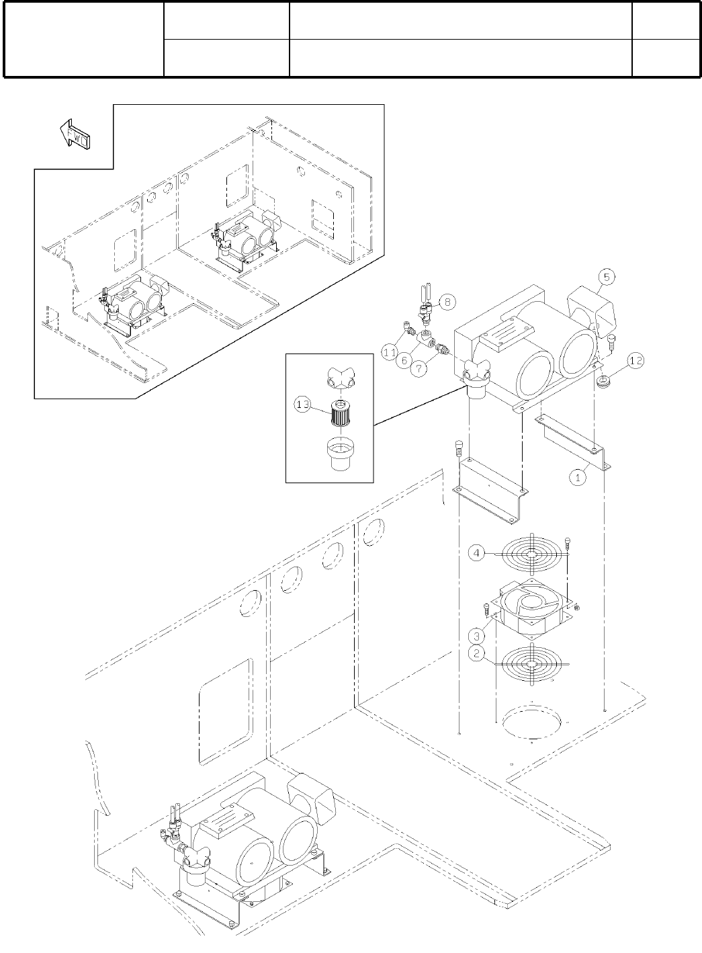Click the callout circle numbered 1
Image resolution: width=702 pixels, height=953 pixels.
(x=578, y=478)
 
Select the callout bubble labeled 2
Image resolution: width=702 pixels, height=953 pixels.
(x=476, y=653)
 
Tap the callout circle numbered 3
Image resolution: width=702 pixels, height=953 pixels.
(x=476, y=634)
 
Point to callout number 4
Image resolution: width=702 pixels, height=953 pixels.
(x=476, y=553)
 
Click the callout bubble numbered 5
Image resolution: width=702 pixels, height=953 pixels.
(x=607, y=276)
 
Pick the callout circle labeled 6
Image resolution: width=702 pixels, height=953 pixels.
(x=404, y=360)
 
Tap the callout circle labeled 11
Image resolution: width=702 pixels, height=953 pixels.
(x=389, y=350)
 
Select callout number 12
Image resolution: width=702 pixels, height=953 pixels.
(x=635, y=361)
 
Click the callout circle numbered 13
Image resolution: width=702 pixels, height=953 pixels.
(x=303, y=404)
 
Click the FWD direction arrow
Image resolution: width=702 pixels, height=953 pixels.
(x=76, y=134)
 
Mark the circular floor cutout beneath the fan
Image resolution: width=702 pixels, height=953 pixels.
(x=531, y=723)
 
